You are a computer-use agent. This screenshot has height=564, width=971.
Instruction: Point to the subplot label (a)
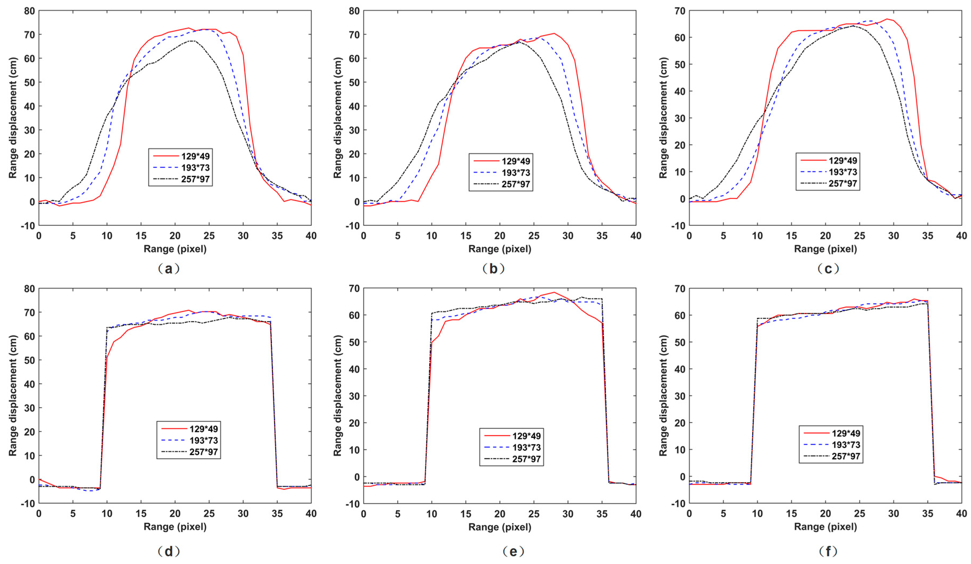tap(169, 269)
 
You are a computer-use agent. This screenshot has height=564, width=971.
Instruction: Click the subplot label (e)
tap(513, 551)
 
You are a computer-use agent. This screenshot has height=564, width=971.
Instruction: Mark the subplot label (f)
tap(828, 551)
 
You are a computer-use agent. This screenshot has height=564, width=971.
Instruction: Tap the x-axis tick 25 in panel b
tap(534, 236)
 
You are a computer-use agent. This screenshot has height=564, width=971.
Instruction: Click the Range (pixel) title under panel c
tap(825, 249)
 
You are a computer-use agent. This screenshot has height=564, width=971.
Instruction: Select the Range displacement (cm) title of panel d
tap(13, 396)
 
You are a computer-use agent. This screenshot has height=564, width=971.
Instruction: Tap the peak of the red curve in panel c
tap(887, 19)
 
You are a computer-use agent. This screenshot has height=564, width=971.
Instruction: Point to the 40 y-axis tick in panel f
tap(680, 369)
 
